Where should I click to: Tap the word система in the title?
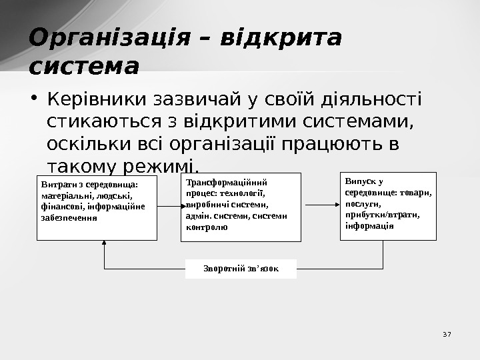click(x=84, y=67)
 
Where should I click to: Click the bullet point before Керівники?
click(x=33, y=101)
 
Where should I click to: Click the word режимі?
click(x=163, y=165)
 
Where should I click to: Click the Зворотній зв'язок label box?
click(x=241, y=269)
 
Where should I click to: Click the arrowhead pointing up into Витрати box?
click(x=105, y=245)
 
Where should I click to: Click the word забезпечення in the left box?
click(x=69, y=217)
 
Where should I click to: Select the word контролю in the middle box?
click(x=207, y=227)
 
